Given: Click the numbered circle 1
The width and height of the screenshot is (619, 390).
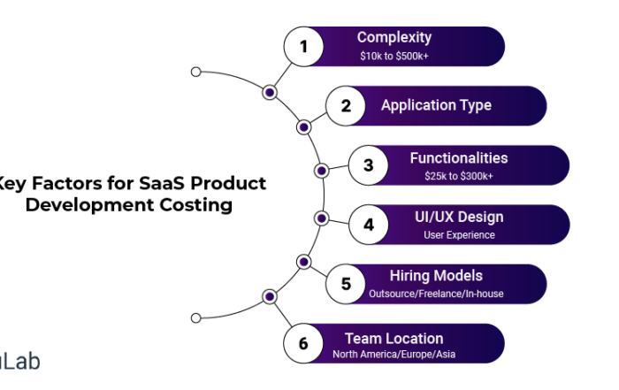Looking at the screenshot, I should point(304,47).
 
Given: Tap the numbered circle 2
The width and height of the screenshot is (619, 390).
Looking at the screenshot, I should point(347,106).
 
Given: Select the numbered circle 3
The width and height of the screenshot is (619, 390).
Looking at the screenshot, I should point(368,165).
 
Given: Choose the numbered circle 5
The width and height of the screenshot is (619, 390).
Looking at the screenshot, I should point(347,284).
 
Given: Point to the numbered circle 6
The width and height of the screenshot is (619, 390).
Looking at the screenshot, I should point(304,343).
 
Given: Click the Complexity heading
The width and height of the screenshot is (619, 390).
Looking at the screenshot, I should point(394,37).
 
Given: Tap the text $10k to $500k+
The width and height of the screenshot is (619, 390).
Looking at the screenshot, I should point(394,56).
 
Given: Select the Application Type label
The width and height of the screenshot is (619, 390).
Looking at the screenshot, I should point(436,106).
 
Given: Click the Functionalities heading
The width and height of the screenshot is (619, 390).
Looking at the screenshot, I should point(458,157).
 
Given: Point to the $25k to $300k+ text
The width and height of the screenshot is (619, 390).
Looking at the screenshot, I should point(458,176).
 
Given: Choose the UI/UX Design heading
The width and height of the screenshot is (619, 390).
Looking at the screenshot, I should point(458,217).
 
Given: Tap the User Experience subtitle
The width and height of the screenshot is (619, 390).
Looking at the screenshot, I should point(458,235).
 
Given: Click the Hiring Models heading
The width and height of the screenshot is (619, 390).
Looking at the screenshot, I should point(436,276).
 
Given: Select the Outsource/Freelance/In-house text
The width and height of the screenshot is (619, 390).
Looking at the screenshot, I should point(436,294).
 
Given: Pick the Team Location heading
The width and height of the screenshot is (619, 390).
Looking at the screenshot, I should point(394,338).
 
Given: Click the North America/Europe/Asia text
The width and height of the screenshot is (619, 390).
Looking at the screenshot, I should point(394,355).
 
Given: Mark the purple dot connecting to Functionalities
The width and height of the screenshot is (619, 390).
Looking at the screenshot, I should point(322,170).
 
